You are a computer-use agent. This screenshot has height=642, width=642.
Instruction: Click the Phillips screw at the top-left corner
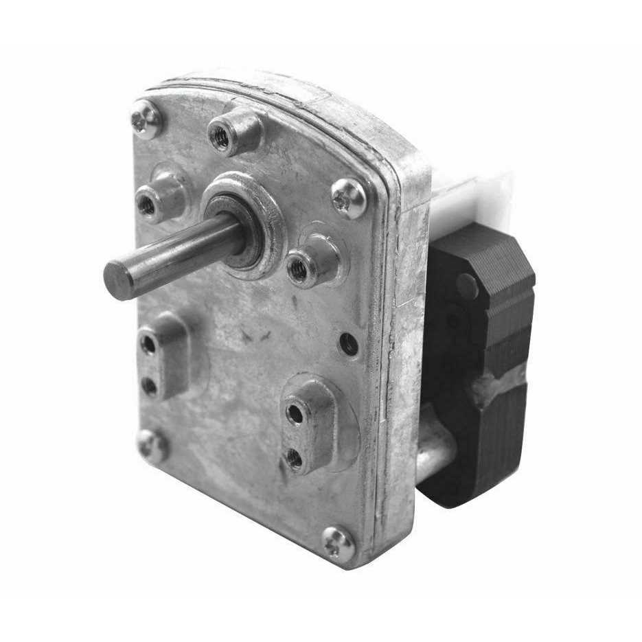click(x=146, y=119)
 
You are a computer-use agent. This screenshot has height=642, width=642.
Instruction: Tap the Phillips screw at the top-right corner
click(x=349, y=198)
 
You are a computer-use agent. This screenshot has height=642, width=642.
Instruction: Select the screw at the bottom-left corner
click(x=152, y=445)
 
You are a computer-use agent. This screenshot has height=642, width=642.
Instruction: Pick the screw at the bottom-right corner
click(x=339, y=543)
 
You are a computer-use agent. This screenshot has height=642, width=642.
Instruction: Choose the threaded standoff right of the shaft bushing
click(x=298, y=269)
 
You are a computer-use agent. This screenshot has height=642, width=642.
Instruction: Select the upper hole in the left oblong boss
click(x=148, y=343)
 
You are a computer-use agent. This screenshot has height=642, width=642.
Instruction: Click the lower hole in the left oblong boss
click(x=149, y=386)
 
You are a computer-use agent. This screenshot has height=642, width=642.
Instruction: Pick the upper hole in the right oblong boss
click(x=295, y=413)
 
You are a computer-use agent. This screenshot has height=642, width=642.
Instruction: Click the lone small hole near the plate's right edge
click(x=349, y=343)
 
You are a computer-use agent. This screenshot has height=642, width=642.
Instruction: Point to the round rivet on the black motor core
click(x=467, y=286)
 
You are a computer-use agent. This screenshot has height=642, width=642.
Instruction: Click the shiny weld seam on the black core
click(x=500, y=386)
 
